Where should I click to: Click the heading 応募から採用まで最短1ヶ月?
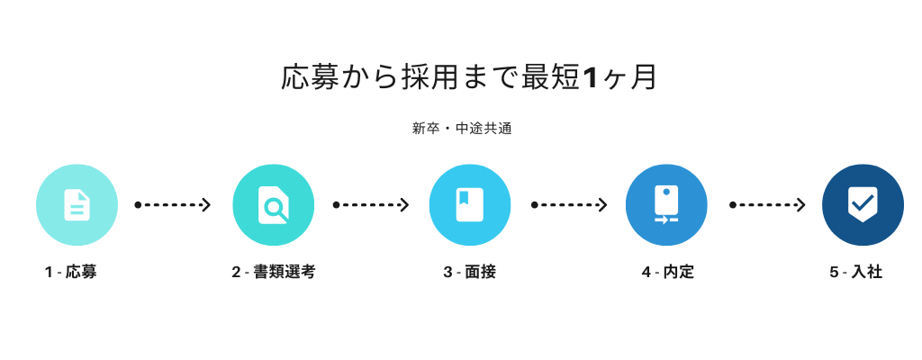coord(468,78)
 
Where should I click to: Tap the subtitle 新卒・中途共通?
coord(462,129)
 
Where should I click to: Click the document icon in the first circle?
coord(77,204)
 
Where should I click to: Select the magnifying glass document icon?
coord(274,204)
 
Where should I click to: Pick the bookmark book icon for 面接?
coord(470,204)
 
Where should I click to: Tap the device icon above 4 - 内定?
coord(666,204)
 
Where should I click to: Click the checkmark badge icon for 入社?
coord(863,204)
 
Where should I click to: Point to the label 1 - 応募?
coord(70,273)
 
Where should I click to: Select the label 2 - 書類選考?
coord(274,273)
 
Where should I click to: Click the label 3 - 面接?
coord(470,273)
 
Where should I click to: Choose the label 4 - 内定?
coord(668,273)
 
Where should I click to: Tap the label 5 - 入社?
coord(856,273)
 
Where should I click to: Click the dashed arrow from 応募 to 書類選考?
coord(172,204)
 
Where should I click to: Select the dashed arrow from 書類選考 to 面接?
coord(370,204)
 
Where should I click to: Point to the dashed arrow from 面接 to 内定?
coord(569,204)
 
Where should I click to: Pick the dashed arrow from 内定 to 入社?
coord(767,204)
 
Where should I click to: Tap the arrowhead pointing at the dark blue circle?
coord(800,204)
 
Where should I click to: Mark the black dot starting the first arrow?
coord(138,204)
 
